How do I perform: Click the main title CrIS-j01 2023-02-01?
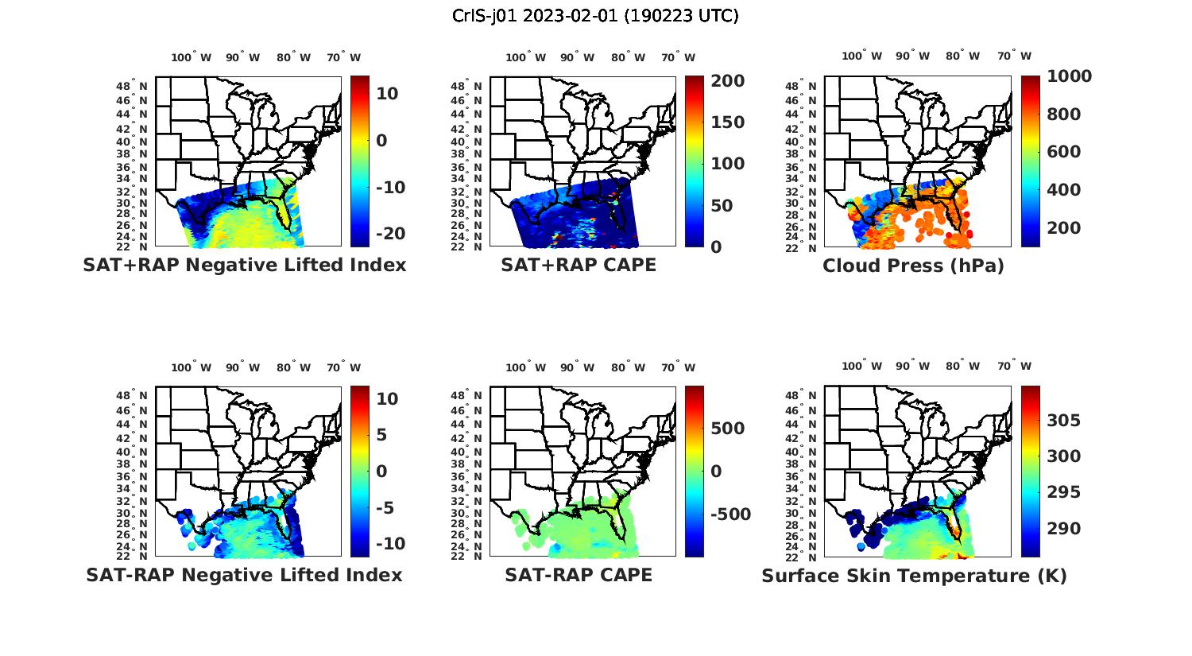[x=595, y=16]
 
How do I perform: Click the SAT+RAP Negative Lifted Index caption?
[x=244, y=266]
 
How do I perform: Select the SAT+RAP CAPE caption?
[x=579, y=266]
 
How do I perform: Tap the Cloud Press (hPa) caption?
[x=913, y=266]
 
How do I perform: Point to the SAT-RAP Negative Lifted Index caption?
[x=244, y=575]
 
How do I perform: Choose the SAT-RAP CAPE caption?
[x=579, y=575]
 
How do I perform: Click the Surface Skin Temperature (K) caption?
[x=914, y=576]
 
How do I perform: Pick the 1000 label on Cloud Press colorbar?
[x=1069, y=76]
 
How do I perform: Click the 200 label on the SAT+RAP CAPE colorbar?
[x=727, y=81]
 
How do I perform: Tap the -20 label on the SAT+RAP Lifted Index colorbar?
[x=390, y=234]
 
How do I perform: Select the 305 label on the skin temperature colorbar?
[x=1063, y=421]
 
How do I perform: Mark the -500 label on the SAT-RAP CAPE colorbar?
[x=730, y=514]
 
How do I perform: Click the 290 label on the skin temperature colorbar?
[x=1063, y=529]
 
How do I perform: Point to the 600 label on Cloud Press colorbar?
[x=1063, y=152]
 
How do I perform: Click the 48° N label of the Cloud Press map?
[x=807, y=87]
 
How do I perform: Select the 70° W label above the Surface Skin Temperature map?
[x=1013, y=367]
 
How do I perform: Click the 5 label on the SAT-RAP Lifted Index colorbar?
[x=381, y=435]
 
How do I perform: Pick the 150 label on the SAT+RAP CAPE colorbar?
[x=727, y=122]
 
